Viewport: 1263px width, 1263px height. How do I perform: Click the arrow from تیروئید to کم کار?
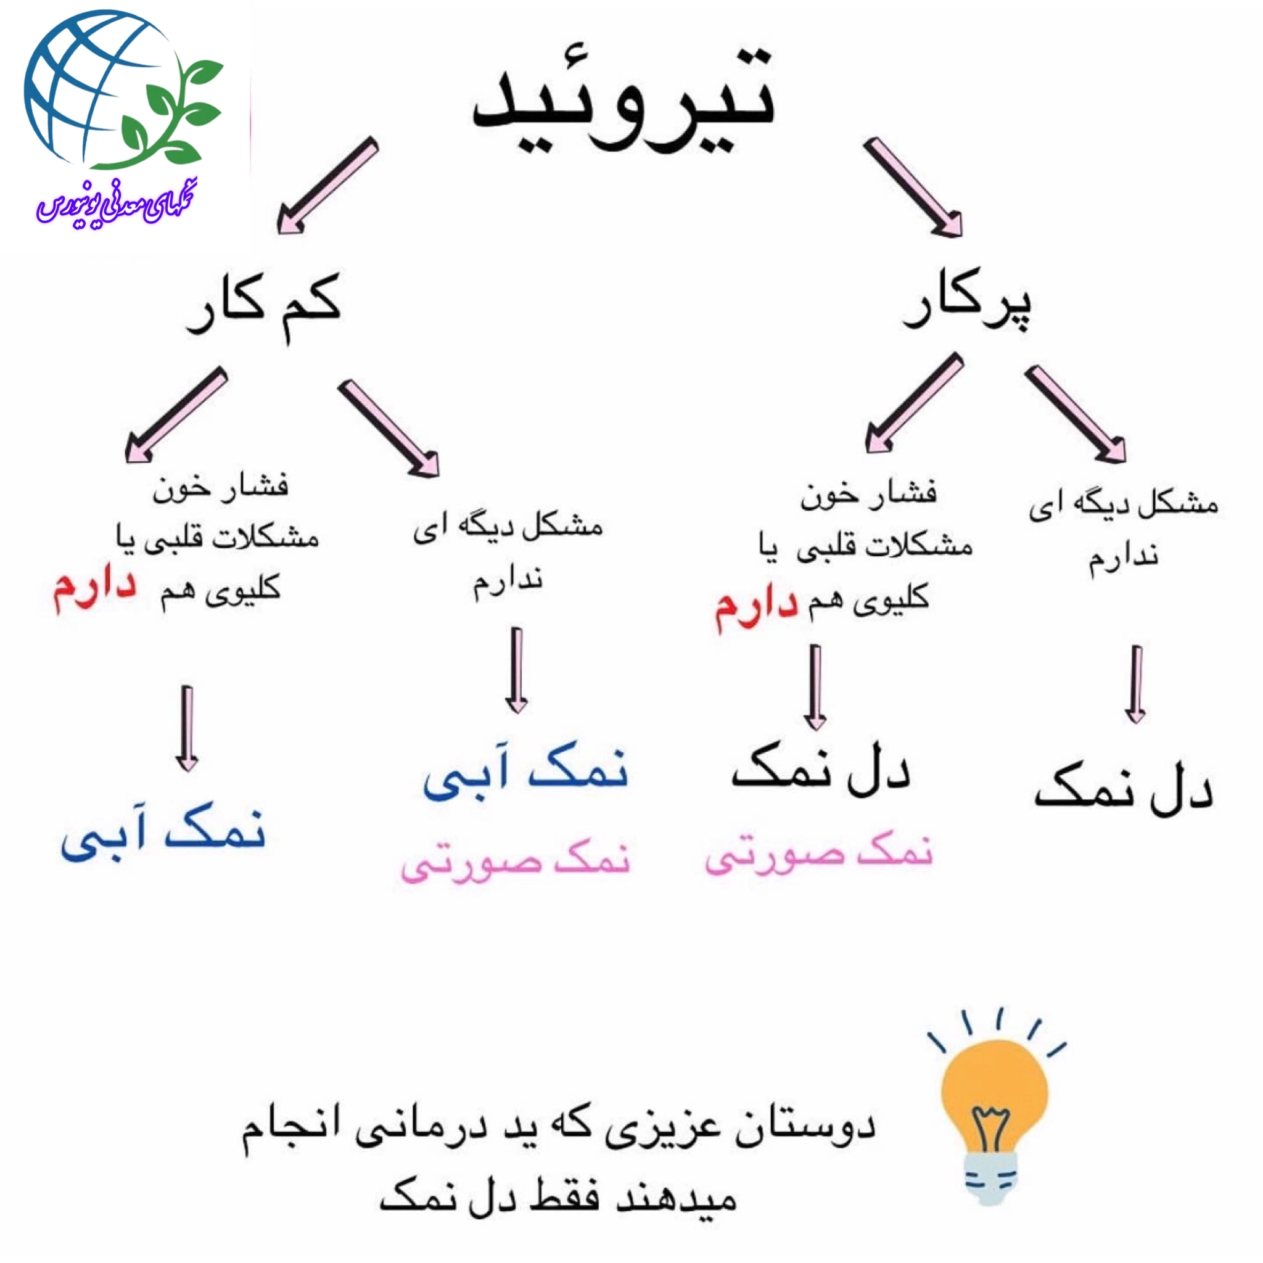[327, 185]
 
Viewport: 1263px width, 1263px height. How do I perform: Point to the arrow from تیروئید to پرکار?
[913, 187]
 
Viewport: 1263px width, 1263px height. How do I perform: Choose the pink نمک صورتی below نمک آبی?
[516, 862]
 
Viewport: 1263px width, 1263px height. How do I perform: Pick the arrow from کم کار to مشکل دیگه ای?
[389, 428]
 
